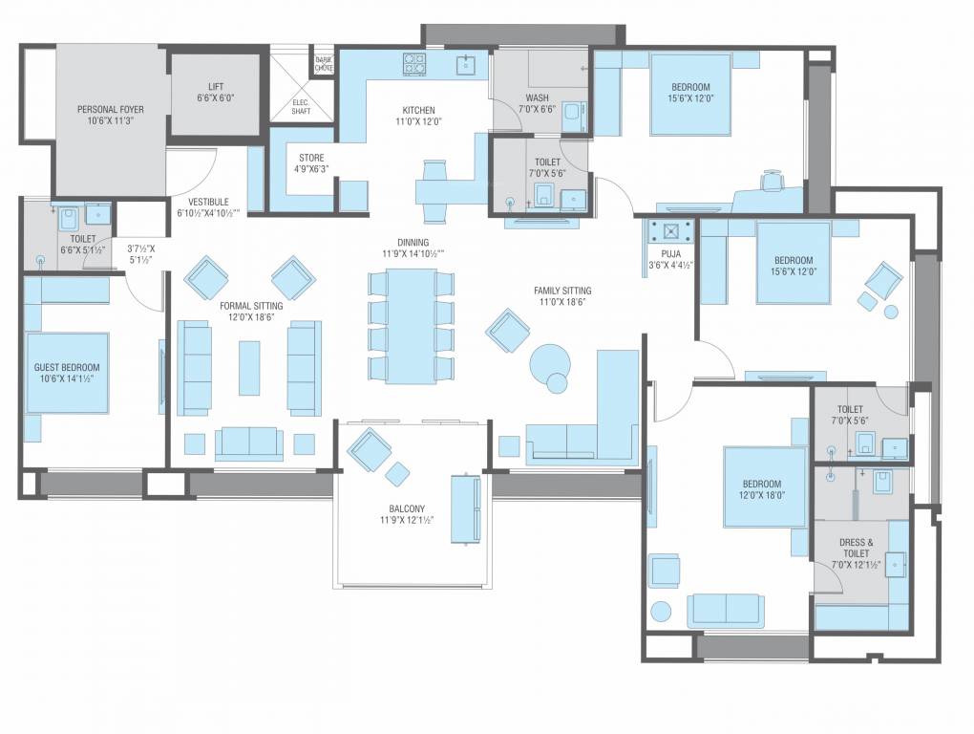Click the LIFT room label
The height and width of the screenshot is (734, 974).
click(x=215, y=86)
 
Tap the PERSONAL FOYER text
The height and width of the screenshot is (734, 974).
click(x=110, y=110)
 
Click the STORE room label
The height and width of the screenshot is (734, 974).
click(x=311, y=158)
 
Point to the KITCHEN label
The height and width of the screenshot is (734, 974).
click(x=417, y=110)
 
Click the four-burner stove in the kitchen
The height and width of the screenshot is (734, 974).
click(x=414, y=64)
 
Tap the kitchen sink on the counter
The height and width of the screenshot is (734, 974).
click(x=466, y=64)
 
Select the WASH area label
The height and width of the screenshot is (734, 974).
click(x=537, y=97)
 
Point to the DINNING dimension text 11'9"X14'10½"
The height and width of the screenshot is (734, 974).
click(x=413, y=254)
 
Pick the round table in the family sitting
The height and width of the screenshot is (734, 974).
click(x=550, y=363)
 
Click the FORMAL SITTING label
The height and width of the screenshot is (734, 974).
click(x=251, y=307)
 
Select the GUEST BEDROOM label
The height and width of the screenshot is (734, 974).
click(x=67, y=367)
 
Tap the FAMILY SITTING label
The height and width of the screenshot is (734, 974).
click(x=562, y=290)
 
